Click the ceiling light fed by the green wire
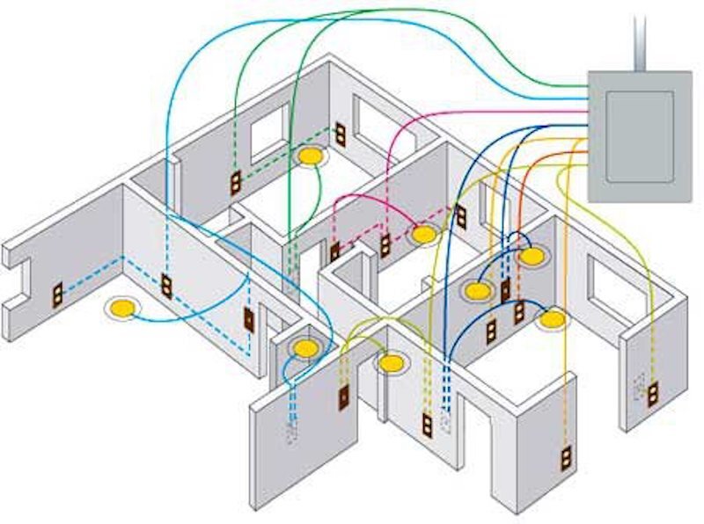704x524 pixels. [x=309, y=156]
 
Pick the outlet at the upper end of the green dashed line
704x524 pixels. [x=339, y=134]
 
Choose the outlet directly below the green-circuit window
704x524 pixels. [x=236, y=184]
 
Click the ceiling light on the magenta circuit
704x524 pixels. [x=424, y=235]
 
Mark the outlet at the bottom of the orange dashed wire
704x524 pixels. [x=565, y=459]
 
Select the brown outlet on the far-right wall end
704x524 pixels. [x=653, y=394]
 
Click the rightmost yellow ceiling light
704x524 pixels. [x=554, y=318]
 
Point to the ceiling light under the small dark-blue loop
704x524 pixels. [x=532, y=257]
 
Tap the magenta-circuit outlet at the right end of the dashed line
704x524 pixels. [x=460, y=216]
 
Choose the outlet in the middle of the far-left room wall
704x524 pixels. [x=166, y=287]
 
